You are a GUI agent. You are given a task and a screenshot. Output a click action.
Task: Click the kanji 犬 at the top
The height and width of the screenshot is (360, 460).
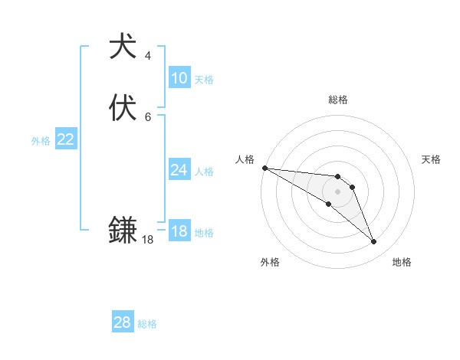pos(123,46)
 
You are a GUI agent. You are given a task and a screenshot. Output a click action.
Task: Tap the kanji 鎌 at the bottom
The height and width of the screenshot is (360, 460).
pos(123,230)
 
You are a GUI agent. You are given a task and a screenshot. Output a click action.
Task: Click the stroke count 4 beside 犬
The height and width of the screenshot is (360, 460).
pos(147,56)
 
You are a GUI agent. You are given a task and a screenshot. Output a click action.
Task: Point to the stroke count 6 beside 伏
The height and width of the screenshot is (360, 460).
pos(147,117)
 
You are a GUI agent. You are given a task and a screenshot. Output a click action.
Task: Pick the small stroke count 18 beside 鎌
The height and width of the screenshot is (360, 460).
pos(147,240)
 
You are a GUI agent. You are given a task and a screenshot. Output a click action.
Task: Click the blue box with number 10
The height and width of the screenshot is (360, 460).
pos(179,78)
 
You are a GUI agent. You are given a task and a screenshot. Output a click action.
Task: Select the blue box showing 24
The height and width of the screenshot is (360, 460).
pos(179,170)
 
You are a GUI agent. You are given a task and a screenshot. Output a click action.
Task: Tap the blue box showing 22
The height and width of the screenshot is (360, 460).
pos(66,139)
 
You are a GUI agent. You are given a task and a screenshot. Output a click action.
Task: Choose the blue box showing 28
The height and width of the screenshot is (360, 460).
pos(123,322)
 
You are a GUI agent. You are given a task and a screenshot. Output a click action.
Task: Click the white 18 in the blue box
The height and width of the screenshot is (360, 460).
pos(179,231)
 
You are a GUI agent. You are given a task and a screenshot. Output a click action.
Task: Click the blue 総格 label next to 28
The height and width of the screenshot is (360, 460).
pos(147,324)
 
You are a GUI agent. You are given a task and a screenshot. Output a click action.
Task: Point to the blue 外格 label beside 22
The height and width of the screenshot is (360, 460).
pos(41,141)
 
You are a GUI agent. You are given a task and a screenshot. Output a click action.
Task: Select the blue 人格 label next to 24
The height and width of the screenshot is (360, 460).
pos(204,172)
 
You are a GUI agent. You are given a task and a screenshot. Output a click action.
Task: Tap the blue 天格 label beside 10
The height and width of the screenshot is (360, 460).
pos(204,80)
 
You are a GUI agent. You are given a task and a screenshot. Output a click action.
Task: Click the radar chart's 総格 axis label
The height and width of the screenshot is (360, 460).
pos(337,100)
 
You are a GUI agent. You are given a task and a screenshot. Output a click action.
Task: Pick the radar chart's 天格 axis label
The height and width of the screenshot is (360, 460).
pos(431,159)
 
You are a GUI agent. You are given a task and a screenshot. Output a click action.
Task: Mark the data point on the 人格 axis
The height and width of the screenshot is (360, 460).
pos(264,167)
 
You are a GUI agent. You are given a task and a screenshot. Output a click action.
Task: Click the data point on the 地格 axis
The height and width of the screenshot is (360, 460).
pos(373,242)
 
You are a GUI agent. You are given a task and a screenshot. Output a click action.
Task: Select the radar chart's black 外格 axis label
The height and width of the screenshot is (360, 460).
pos(270,262)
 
